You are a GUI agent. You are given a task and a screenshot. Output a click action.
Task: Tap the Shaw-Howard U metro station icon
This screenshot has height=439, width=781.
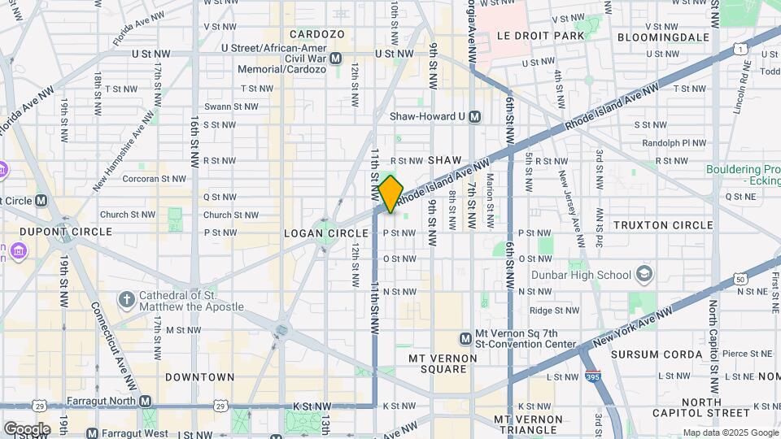point(475,116)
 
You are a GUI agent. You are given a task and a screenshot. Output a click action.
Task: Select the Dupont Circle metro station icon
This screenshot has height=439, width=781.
point(41,200)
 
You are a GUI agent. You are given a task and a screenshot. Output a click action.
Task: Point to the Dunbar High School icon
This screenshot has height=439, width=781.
point(644,272)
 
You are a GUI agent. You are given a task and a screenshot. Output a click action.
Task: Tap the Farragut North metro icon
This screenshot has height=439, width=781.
point(145,401)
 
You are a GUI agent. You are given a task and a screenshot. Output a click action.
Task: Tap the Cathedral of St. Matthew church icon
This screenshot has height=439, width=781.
point(126,300)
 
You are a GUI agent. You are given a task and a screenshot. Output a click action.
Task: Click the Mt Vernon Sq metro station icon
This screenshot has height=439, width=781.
point(465,338)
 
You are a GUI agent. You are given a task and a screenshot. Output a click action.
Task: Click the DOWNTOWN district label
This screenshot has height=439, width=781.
point(199,377)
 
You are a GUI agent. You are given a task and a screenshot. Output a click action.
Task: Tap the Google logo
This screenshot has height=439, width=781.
point(27,428)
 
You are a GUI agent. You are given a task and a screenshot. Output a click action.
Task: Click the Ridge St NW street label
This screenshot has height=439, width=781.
point(552,310)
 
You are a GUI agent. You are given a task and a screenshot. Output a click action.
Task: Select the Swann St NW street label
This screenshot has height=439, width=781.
point(230,106)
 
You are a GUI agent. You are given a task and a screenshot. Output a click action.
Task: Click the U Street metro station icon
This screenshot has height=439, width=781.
point(336,59)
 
